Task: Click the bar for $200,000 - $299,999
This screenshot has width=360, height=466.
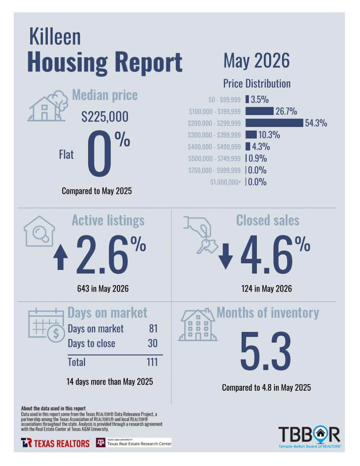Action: [x=274, y=123]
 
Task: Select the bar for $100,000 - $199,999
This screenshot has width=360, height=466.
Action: [x=259, y=111]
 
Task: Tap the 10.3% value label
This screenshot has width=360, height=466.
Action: [x=269, y=135]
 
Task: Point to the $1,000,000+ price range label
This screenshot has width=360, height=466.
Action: [x=225, y=182]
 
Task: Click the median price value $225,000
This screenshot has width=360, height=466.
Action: [x=105, y=116]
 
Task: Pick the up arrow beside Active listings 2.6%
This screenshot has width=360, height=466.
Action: [x=61, y=257]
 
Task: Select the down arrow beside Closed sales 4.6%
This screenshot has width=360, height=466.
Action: [x=226, y=256]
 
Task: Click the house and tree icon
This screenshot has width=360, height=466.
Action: [x=48, y=106]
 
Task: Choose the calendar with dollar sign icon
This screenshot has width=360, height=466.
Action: [x=46, y=325]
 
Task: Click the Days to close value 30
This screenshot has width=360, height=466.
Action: [x=153, y=343]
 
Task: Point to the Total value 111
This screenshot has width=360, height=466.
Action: [x=152, y=362]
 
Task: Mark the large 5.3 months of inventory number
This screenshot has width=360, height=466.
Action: [x=266, y=351]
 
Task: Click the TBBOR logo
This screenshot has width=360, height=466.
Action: [x=310, y=437]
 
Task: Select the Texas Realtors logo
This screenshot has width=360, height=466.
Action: [x=55, y=443]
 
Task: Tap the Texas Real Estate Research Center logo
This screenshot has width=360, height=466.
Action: [x=134, y=443]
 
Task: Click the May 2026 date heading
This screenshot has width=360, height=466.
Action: [x=256, y=61]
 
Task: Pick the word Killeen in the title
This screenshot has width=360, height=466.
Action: [x=55, y=37]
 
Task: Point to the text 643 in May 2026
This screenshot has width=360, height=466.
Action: [x=103, y=289]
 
